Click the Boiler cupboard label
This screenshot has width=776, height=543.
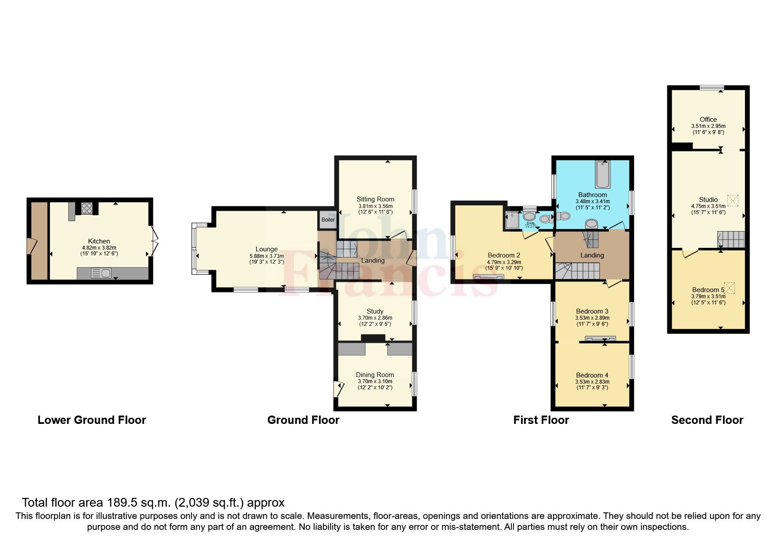328,220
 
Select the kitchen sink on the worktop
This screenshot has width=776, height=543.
101,274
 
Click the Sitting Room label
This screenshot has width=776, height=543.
375,199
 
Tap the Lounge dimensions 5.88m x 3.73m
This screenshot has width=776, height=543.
266,256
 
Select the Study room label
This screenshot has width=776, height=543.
375,311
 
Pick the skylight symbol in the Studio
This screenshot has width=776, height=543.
733,201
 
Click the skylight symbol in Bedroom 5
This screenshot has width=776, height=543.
730,288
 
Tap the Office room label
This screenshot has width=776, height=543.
708,120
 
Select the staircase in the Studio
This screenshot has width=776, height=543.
731,240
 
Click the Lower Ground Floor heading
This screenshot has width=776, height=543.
92,420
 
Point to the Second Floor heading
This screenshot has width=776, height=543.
707,420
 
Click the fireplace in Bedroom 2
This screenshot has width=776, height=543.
489,277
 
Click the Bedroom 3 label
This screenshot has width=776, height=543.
592,311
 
